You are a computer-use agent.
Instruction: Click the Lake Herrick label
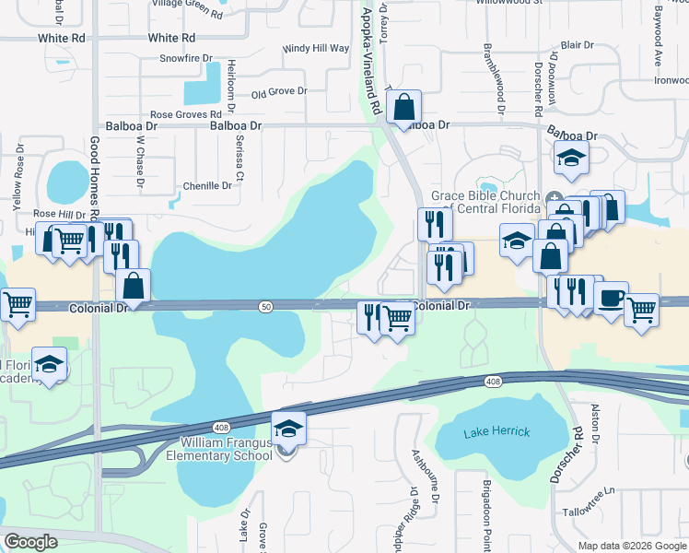click(498, 433)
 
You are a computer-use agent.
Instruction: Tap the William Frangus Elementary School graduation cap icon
click(288, 429)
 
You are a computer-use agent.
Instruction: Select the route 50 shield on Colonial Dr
click(265, 305)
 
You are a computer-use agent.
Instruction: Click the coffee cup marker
click(611, 300)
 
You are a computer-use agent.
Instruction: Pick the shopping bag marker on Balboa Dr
click(403, 108)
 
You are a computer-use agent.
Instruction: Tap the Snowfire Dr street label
click(186, 58)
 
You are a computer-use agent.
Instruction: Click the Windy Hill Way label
click(316, 48)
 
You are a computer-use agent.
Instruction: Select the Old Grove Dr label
click(278, 92)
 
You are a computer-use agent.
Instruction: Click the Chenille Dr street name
click(208, 185)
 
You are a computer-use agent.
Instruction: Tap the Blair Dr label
click(577, 45)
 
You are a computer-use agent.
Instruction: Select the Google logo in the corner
click(30, 541)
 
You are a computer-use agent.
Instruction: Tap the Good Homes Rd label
click(95, 175)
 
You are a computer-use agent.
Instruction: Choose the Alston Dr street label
click(596, 423)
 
